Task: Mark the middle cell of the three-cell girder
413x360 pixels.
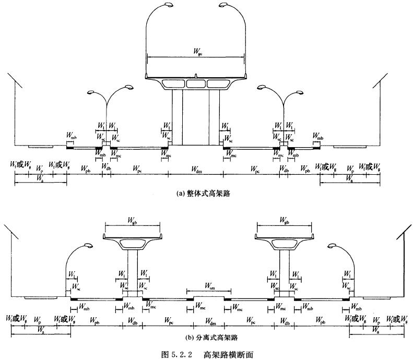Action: (196, 83)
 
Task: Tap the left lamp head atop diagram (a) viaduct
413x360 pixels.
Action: (169, 5)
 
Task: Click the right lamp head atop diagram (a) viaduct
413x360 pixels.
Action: (223, 5)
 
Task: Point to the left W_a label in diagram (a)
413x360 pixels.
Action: (40, 178)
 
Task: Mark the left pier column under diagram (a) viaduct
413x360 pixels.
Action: (178, 117)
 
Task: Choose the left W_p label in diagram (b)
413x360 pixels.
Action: (37, 320)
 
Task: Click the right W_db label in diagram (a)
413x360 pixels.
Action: (284, 169)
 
